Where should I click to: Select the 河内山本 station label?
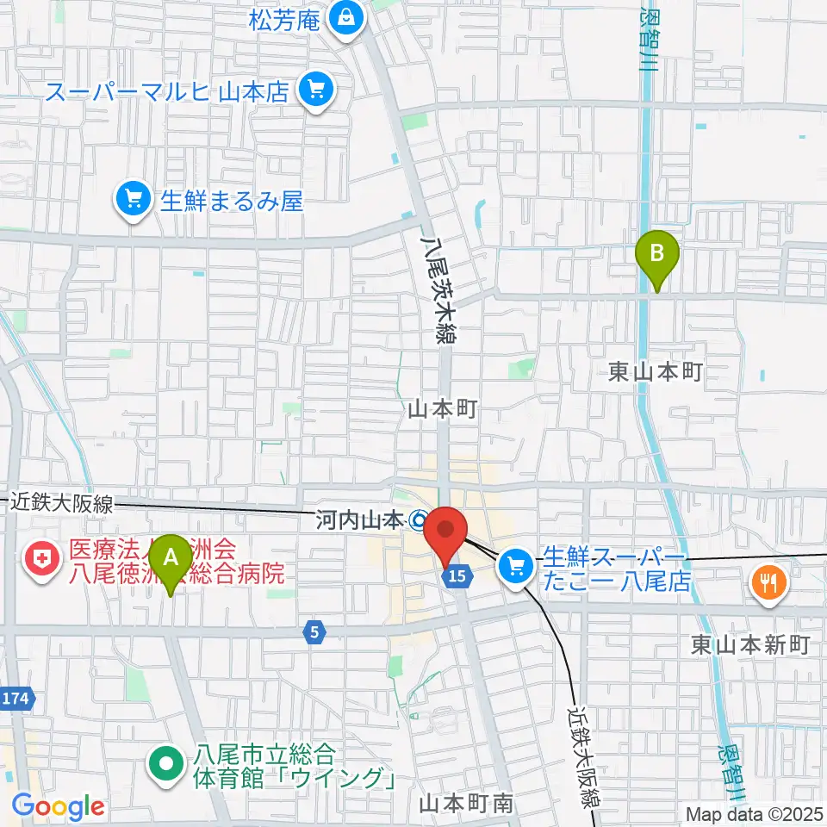click(360, 520)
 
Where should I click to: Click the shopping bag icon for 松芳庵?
click(345, 19)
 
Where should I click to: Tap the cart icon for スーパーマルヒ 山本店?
click(312, 90)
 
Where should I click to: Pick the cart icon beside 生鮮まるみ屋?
click(133, 202)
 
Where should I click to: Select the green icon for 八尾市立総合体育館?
click(164, 765)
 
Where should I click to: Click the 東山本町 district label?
click(656, 372)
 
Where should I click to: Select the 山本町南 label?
click(466, 804)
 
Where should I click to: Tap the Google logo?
click(58, 807)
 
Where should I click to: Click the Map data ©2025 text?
click(754, 813)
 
